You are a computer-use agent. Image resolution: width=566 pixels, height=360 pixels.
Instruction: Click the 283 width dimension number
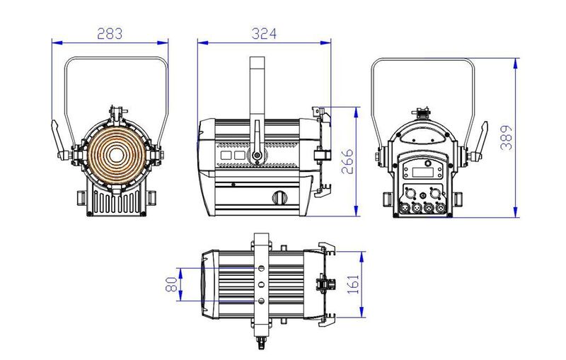(x=110, y=33)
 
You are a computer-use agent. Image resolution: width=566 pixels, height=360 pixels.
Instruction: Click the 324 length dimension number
(x=264, y=33)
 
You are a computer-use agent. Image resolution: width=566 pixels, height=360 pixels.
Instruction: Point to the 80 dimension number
(x=171, y=284)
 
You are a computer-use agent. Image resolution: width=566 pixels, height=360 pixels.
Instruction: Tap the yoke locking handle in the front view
(x=56, y=138)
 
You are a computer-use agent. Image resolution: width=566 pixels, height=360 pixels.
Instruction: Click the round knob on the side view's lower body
(x=280, y=197)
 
